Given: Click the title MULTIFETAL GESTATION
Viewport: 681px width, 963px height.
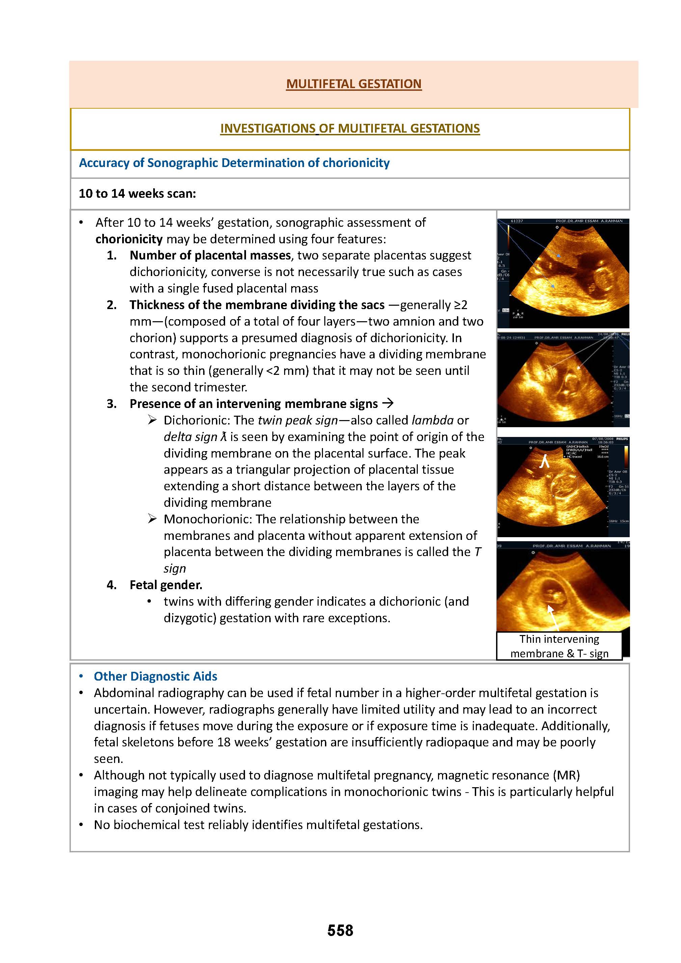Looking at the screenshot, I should [354, 84].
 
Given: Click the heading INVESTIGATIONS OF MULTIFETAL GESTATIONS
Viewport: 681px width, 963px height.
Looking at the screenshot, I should [350, 128].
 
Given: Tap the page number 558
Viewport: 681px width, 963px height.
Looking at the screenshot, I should [340, 930].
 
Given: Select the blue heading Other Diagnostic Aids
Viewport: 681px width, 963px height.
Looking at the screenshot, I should [155, 676].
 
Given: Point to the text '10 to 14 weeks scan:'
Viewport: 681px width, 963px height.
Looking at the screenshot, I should [137, 193].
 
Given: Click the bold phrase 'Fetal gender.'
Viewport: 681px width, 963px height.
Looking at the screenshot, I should [166, 585].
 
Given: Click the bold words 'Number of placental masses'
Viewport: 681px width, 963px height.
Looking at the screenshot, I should [210, 255].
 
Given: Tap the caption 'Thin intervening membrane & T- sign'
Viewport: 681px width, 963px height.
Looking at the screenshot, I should [559, 646].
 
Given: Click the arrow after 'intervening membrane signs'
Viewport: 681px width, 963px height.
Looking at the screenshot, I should [388, 404].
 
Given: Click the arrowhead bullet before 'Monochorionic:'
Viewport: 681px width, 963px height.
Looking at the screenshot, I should [152, 519].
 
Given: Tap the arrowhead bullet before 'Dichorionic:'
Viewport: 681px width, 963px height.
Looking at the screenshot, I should [152, 420].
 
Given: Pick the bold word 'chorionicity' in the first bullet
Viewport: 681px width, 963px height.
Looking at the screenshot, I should [129, 239].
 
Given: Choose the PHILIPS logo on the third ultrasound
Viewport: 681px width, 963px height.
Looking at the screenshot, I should [622, 439].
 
